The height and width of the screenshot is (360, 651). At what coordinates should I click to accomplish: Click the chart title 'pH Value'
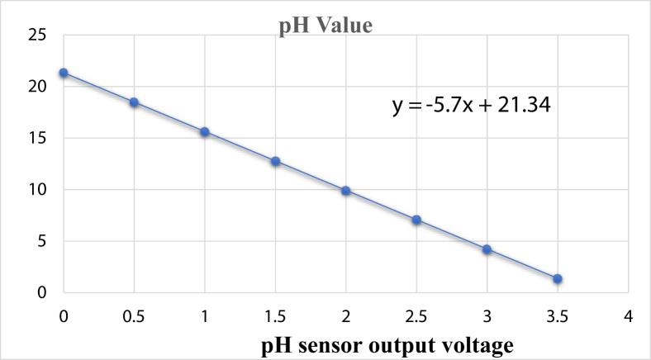click(325, 25)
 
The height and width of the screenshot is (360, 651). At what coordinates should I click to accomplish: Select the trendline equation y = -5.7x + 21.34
click(471, 106)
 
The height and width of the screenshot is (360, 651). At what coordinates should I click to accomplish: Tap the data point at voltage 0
click(64, 73)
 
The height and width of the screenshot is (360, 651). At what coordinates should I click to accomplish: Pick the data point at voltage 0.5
click(134, 102)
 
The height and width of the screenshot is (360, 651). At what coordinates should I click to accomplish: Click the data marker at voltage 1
click(205, 132)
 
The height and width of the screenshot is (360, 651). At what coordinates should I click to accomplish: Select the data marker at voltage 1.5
click(275, 161)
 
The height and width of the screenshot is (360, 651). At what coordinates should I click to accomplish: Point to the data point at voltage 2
click(346, 191)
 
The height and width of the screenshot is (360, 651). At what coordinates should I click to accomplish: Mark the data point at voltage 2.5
click(416, 220)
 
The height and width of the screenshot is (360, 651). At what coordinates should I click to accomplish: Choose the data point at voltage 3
click(487, 249)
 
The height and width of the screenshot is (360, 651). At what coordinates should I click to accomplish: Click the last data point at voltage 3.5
click(558, 279)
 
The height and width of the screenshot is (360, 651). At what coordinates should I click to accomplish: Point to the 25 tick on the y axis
click(36, 35)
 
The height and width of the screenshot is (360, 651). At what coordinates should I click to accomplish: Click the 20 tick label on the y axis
click(36, 87)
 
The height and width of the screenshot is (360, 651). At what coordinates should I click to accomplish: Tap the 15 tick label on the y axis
click(36, 138)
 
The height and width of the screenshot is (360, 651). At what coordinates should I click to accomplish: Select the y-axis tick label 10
click(36, 190)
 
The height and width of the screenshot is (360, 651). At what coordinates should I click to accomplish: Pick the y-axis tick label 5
click(40, 241)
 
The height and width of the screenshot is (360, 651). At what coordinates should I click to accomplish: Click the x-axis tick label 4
click(629, 315)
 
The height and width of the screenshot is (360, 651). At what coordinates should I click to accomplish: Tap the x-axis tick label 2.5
click(416, 315)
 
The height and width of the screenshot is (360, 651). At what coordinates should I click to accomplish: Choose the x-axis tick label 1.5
click(275, 315)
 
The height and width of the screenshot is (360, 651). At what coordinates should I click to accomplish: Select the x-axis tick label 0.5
click(134, 315)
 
